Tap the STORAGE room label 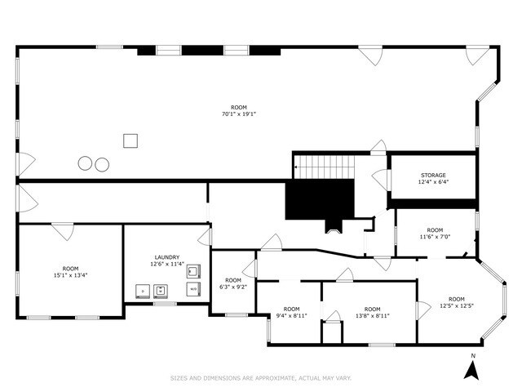pyautogui.click(x=434, y=176)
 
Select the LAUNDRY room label pyautogui.click(x=167, y=257)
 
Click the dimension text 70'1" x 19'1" pyautogui.click(x=238, y=114)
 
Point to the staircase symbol pyautogui.click(x=324, y=167)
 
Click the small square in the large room pyautogui.click(x=130, y=140)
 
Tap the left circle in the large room pyautogui.click(x=86, y=163)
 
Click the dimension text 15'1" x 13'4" pyautogui.click(x=71, y=275)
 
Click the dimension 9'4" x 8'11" pyautogui.click(x=291, y=315)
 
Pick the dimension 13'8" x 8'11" pyautogui.click(x=372, y=315)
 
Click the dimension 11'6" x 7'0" pyautogui.click(x=435, y=237)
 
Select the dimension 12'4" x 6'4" pyautogui.click(x=434, y=183)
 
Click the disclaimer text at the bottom pyautogui.click(x=261, y=378)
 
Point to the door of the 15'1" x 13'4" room pyautogui.click(x=63, y=230)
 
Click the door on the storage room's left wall pyautogui.click(x=379, y=180)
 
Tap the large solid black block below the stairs pyautogui.click(x=320, y=199)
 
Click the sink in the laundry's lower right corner pyautogui.click(x=194, y=288)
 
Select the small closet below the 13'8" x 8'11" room pyautogui.click(x=332, y=333)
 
